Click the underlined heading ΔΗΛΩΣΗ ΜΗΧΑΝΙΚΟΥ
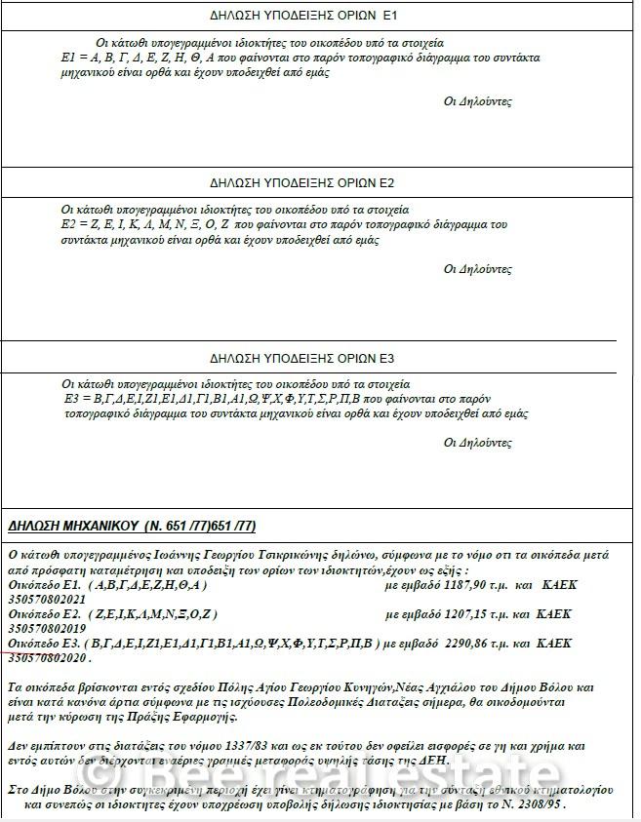click(132, 527)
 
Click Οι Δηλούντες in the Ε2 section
click(477, 269)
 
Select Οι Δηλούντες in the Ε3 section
click(477, 442)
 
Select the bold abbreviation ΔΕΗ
click(430, 760)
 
